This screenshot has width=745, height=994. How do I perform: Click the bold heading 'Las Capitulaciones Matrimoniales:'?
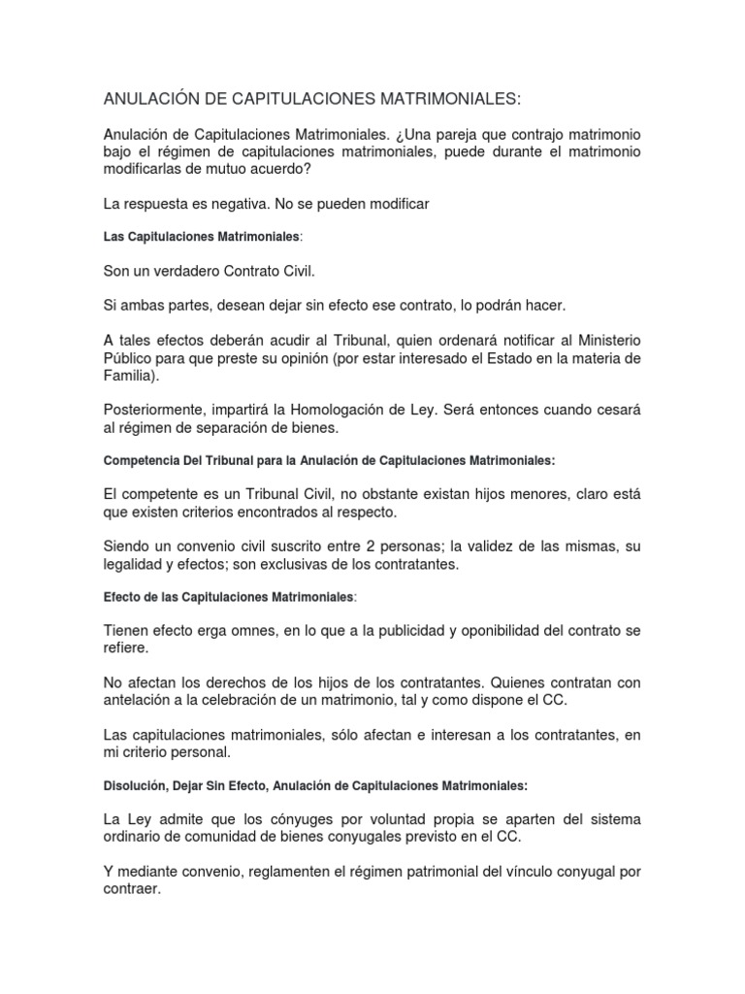click(203, 237)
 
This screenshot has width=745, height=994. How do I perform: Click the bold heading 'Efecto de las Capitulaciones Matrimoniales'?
click(229, 597)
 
